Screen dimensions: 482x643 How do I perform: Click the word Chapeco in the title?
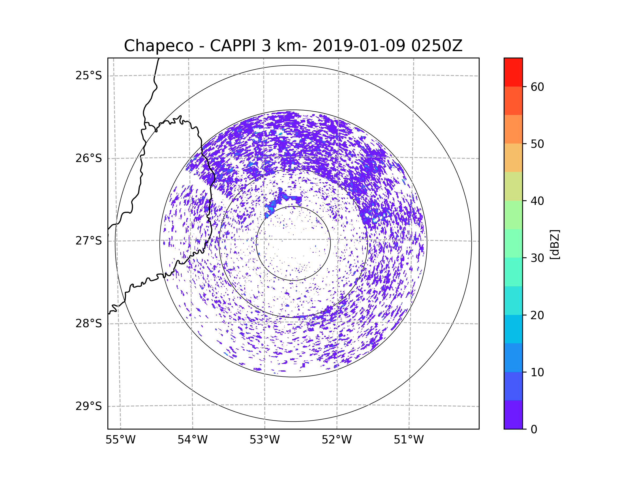(158, 46)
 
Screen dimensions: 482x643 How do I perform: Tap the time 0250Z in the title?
(437, 46)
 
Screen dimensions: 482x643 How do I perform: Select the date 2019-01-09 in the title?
(359, 46)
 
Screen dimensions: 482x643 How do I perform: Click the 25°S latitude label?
(89, 76)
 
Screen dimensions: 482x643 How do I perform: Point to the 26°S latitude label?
(89, 158)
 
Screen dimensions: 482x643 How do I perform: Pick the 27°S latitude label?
(89, 241)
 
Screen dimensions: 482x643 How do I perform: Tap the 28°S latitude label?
(89, 323)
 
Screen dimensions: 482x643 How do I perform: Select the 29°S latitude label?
(89, 406)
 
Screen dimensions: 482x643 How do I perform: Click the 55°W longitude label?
(120, 440)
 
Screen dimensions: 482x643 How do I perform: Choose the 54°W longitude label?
(192, 440)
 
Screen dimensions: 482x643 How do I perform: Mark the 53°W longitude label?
(264, 440)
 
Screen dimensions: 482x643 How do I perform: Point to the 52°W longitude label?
(337, 440)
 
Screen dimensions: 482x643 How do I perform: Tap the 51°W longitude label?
(409, 440)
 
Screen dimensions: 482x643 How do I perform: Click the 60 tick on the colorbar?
(537, 87)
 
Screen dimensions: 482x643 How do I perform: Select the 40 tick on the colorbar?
(537, 201)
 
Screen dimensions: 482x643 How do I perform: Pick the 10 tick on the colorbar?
(537, 372)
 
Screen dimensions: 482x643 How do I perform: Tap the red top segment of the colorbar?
(513, 72)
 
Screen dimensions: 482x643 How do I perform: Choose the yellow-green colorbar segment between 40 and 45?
(513, 186)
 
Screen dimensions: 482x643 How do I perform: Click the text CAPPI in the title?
(233, 46)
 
